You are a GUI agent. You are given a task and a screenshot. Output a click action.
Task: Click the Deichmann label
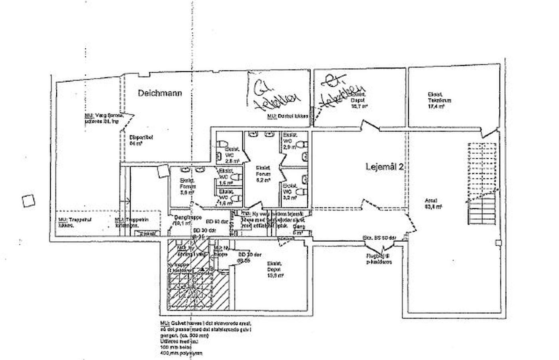(160, 93)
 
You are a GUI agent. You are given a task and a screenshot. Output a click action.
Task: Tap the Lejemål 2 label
(385, 167)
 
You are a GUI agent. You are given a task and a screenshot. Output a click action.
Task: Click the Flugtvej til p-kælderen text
(379, 259)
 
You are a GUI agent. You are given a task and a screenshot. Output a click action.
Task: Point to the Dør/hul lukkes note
(287, 116)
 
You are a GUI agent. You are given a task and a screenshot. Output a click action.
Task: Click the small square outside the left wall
(28, 201)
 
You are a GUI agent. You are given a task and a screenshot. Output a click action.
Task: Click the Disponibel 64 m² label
(136, 140)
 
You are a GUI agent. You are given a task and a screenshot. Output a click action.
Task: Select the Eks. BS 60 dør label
(379, 238)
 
